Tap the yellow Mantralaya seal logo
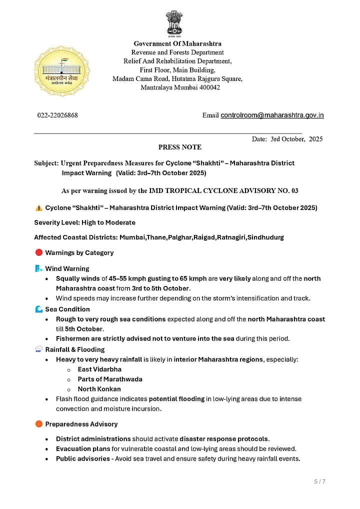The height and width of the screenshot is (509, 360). (62, 71)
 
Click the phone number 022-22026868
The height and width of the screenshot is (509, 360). (57, 115)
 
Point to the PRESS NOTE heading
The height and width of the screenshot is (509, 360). (179, 147)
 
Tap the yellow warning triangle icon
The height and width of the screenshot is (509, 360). (38, 207)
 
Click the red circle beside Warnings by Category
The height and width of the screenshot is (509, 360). (38, 253)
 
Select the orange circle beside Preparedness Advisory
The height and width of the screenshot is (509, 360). (38, 424)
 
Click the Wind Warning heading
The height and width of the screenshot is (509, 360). (67, 268)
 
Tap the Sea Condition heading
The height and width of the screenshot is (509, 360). (67, 309)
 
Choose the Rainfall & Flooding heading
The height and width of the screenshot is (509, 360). (75, 349)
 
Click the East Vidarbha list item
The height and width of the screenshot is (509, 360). (99, 369)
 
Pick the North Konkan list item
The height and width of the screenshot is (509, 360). (99, 389)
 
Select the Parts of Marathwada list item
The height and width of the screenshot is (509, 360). (110, 379)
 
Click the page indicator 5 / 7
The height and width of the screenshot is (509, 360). (319, 482)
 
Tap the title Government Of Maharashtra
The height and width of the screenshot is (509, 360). (177, 44)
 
